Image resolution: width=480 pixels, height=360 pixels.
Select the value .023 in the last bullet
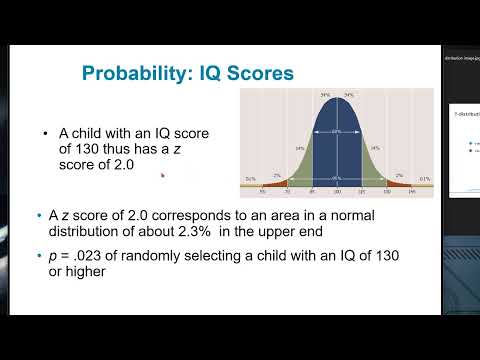point(93,255)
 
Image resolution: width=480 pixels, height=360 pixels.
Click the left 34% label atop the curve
point(325,95)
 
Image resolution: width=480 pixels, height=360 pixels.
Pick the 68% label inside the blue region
point(337,131)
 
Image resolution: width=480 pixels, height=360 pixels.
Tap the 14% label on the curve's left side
point(300,147)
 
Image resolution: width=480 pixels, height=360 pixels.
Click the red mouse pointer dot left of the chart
point(162,175)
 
